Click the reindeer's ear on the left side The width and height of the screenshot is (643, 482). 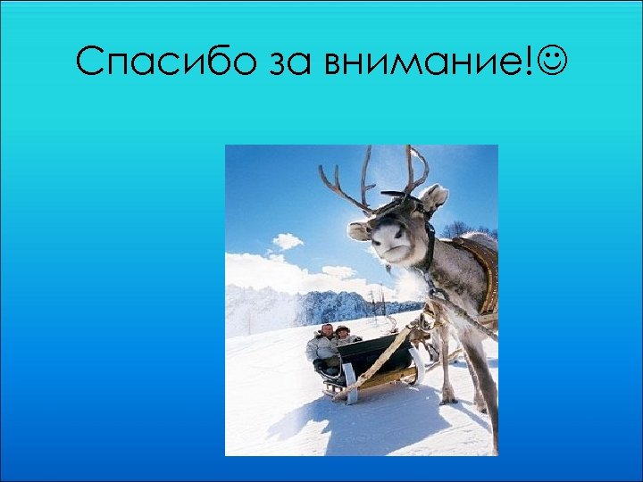(358, 231)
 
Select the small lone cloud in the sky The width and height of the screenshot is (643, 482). (287, 241)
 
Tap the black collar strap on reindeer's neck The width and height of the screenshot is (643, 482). (431, 245)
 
